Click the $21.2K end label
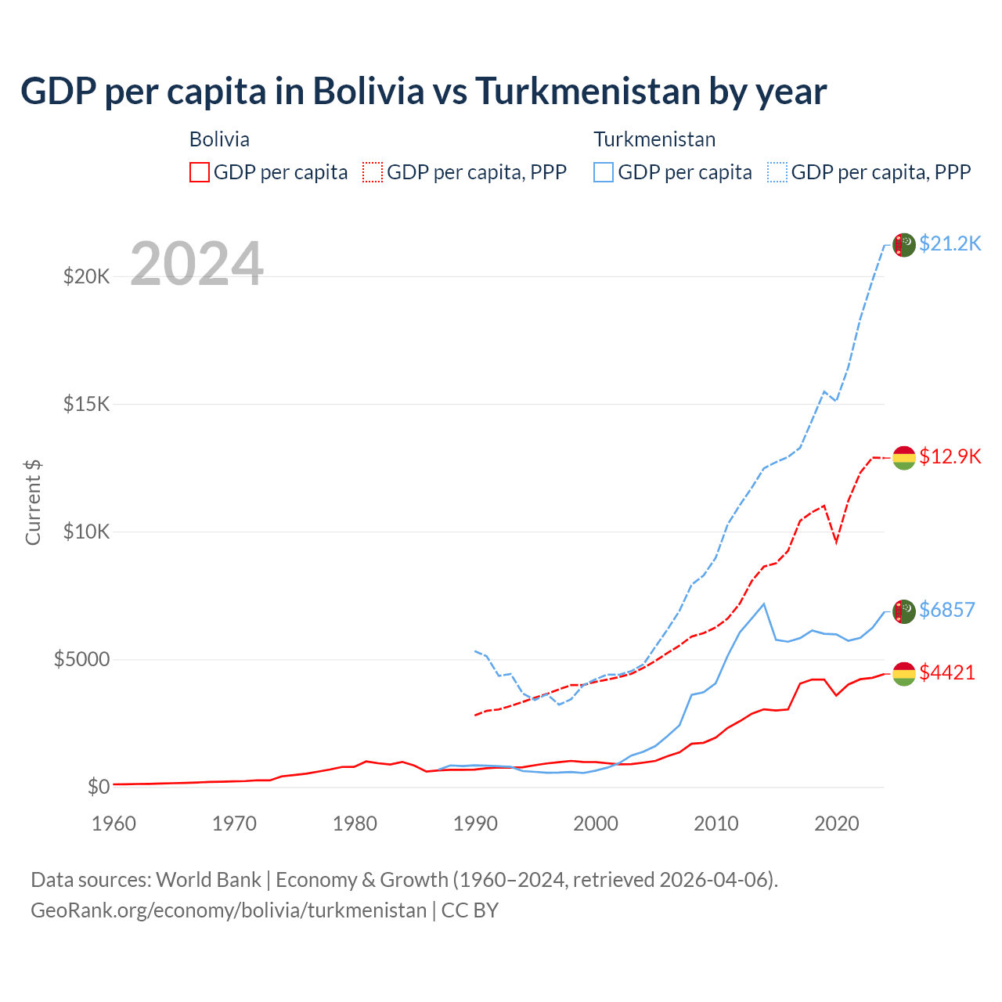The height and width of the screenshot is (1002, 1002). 950,243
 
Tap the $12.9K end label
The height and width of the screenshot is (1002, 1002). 950,456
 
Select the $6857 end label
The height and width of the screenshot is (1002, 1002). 946,610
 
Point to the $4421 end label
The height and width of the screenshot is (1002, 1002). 946,672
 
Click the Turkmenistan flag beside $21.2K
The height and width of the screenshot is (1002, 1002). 904,245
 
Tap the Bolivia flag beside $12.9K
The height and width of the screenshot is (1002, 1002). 904,457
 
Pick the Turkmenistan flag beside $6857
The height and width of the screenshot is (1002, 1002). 904,611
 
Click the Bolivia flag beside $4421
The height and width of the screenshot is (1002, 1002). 904,673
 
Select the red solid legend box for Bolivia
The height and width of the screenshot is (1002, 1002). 200,172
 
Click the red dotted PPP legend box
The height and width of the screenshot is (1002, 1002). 373,172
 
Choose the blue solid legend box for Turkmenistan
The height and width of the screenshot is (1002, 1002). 604,172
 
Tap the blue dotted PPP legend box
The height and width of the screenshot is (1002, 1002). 777,172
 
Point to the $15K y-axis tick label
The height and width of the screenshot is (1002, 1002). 87,404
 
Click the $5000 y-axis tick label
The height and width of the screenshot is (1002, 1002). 81,659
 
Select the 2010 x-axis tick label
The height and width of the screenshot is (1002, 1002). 716,824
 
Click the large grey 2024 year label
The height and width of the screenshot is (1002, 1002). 196,264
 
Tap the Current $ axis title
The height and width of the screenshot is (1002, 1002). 33,503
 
